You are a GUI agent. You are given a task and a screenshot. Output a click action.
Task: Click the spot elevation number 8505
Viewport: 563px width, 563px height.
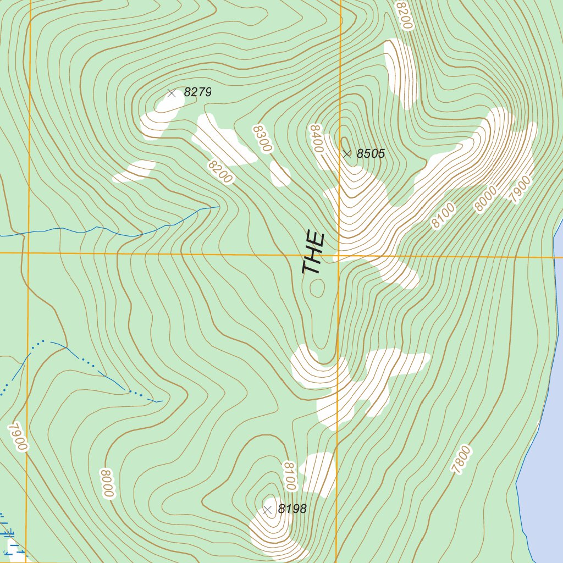[371, 154]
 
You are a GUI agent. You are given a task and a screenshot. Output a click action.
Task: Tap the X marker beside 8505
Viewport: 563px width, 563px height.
[346, 154]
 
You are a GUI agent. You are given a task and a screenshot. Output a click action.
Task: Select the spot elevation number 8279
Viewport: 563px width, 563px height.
[197, 92]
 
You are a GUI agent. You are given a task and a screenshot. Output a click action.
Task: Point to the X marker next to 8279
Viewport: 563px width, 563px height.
[172, 93]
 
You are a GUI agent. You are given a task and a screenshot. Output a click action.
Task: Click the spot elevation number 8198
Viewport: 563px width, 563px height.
[292, 509]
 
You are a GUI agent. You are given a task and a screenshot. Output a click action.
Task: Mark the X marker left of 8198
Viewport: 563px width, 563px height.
[268, 510]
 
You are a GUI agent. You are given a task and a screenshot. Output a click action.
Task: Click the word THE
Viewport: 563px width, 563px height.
[314, 253]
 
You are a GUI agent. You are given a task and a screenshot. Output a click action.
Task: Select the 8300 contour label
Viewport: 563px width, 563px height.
[263, 139]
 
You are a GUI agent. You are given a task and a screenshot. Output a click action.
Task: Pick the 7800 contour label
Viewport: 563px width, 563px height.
[461, 460]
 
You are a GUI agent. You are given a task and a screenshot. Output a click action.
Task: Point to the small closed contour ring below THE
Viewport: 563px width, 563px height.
[317, 287]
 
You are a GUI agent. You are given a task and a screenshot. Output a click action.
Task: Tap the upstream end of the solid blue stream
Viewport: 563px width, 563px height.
[219, 207]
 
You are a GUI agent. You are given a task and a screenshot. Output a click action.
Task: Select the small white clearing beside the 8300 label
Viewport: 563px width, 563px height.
[280, 174]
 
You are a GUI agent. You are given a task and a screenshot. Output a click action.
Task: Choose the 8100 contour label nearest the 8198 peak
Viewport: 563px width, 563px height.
[290, 476]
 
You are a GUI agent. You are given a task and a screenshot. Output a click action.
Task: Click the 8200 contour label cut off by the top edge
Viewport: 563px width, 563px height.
[403, 14]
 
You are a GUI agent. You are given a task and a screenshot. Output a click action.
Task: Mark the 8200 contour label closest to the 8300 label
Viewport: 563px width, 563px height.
[220, 171]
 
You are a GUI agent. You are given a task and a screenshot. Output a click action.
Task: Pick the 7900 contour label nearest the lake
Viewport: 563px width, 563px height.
[522, 190]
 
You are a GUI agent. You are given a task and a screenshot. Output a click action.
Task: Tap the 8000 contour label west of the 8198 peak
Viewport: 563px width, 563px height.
[107, 483]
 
